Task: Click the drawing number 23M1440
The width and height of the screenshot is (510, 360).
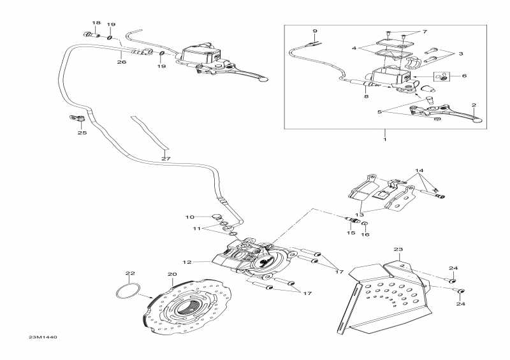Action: [43, 337]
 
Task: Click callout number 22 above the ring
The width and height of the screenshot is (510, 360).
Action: [130, 273]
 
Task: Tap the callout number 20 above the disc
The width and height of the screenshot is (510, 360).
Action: [172, 275]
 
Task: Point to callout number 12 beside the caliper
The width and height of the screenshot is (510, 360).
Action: [187, 262]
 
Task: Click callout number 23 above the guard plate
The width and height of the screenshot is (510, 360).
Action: [398, 249]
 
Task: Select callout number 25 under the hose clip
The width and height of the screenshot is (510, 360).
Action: [82, 133]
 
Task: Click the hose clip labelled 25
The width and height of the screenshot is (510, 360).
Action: [76, 118]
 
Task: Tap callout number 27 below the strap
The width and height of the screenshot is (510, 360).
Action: [166, 159]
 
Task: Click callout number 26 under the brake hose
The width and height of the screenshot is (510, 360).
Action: [121, 62]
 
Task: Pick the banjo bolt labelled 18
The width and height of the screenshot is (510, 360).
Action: [92, 34]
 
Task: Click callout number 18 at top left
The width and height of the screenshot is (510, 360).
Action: [96, 23]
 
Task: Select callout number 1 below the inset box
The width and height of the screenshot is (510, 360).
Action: [385, 140]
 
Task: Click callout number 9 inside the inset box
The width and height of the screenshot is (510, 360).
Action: [314, 31]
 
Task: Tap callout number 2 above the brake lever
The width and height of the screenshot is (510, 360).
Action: [474, 105]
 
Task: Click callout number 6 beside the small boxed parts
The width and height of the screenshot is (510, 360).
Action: [464, 76]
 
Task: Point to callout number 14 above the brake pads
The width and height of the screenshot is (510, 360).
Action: [419, 170]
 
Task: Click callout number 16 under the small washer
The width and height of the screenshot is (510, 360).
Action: [365, 234]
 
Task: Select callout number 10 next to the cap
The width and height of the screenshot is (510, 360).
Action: [189, 217]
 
